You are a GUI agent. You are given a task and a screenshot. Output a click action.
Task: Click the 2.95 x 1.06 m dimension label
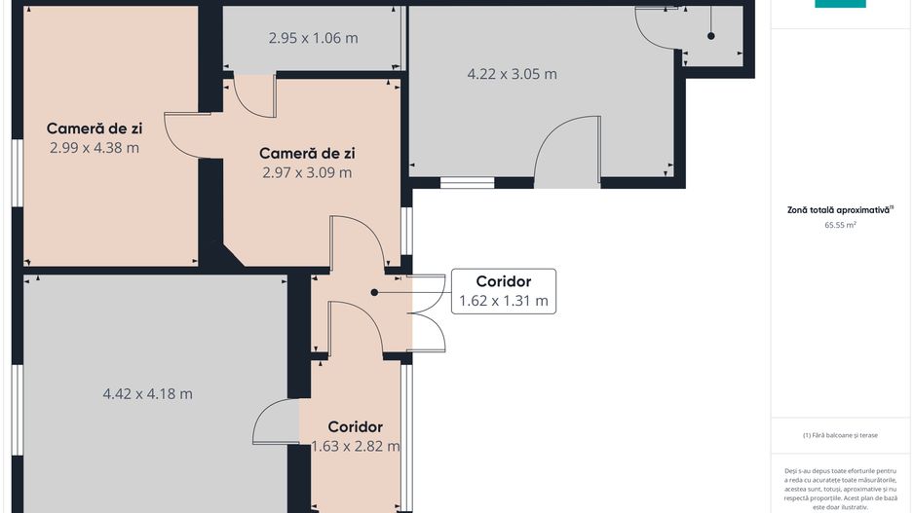[313, 38]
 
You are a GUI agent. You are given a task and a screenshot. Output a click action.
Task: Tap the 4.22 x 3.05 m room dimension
[512, 74]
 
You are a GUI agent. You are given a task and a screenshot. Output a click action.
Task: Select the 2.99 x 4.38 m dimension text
[95, 148]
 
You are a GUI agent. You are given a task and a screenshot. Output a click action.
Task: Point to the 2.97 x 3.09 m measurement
[307, 173]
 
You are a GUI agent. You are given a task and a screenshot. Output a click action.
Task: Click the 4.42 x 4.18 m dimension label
[147, 394]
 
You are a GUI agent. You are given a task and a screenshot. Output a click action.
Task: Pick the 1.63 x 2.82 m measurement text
[356, 447]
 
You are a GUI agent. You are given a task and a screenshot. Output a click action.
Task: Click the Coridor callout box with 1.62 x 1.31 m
[504, 291]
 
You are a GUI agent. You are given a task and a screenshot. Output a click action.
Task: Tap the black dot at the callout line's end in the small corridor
[374, 292]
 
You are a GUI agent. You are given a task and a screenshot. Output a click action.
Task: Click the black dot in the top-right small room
[711, 36]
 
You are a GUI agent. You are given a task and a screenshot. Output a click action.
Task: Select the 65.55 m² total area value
[840, 225]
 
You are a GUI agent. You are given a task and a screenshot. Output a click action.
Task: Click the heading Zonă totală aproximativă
[840, 210]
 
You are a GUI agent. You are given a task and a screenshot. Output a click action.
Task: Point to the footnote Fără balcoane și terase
[840, 435]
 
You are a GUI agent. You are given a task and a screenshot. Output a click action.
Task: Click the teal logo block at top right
[840, 4]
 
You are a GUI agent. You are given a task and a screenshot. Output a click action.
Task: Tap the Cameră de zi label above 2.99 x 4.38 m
[95, 128]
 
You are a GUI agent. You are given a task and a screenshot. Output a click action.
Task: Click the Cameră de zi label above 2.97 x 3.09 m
[307, 154]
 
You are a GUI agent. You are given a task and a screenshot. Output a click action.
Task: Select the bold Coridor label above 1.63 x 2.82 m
[356, 426]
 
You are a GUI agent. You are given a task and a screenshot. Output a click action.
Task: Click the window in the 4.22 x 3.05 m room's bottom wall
[467, 183]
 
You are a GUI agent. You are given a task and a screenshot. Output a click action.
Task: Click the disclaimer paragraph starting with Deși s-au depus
[840, 489]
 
